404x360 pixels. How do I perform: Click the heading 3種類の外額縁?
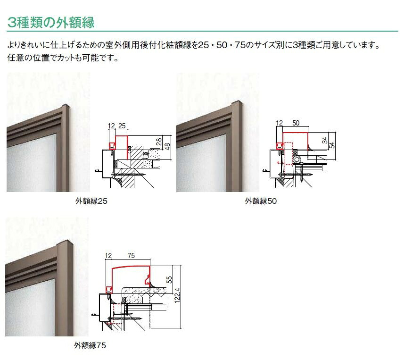(51, 23)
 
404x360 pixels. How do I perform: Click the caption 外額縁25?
(91, 201)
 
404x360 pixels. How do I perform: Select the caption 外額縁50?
(261, 201)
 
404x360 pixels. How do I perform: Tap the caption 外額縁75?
(90, 345)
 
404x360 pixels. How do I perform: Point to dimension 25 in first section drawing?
(122, 126)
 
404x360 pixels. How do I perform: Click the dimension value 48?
(167, 146)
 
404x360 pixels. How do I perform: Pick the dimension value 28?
(159, 142)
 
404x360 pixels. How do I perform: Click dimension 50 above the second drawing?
(296, 123)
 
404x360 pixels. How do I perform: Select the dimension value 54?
(332, 145)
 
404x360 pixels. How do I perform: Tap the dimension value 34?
(325, 141)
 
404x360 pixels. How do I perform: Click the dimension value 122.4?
(177, 295)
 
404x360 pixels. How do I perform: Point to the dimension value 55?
(169, 280)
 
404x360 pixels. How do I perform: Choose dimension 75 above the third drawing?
(131, 256)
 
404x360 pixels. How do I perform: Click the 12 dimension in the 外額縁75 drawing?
(108, 256)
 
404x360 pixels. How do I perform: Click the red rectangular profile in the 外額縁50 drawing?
(295, 133)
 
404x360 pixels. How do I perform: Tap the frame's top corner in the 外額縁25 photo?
(66, 106)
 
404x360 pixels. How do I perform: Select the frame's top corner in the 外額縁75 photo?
(67, 242)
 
